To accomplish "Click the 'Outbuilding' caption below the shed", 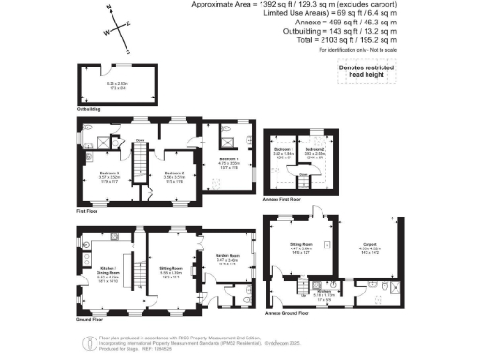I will [x=89, y=109].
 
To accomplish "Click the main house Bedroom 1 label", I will [x=229, y=160].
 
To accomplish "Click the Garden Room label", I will [x=229, y=256].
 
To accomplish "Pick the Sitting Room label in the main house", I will [x=171, y=268].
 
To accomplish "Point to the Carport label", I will [x=370, y=248].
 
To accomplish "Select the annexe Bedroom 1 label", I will [x=284, y=149].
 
